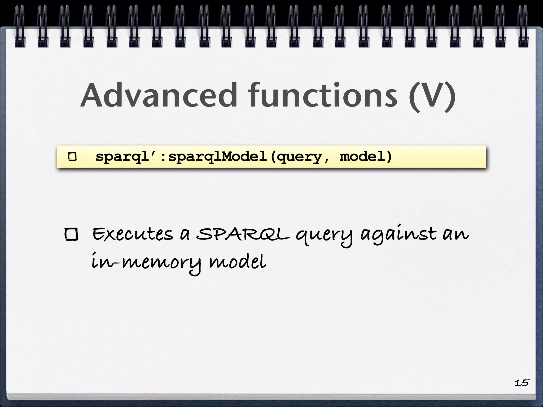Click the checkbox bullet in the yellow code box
[72, 157]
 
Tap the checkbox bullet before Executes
[71, 235]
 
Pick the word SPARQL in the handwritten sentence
[243, 235]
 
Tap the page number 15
[522, 383]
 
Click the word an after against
[456, 235]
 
